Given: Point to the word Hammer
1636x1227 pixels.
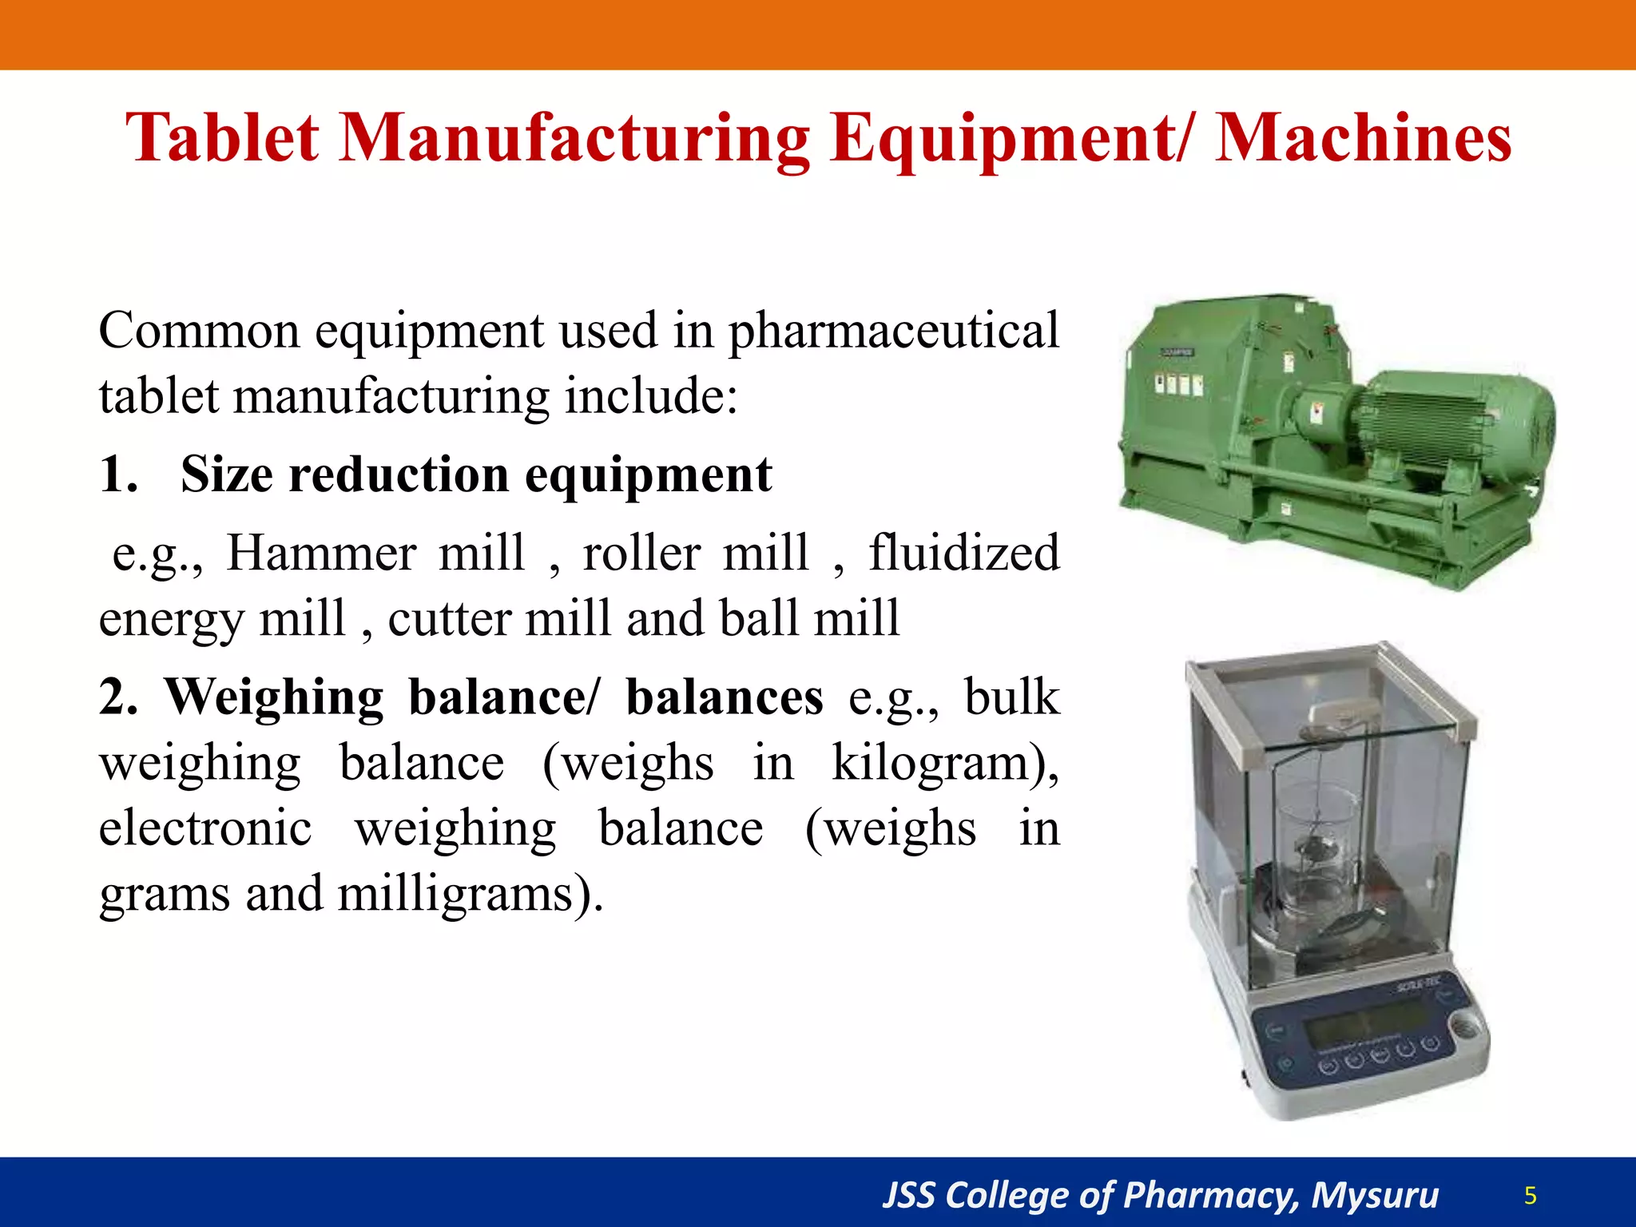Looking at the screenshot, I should [321, 553].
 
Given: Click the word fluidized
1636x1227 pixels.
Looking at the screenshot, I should [963, 553].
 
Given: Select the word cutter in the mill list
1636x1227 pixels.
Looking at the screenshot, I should [447, 619].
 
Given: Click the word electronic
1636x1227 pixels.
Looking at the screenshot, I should [205, 828].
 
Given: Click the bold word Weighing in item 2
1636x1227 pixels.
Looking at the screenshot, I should [274, 697].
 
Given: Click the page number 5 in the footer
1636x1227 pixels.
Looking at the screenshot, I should [1530, 1195].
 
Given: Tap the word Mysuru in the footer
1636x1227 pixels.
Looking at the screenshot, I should [1374, 1195].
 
